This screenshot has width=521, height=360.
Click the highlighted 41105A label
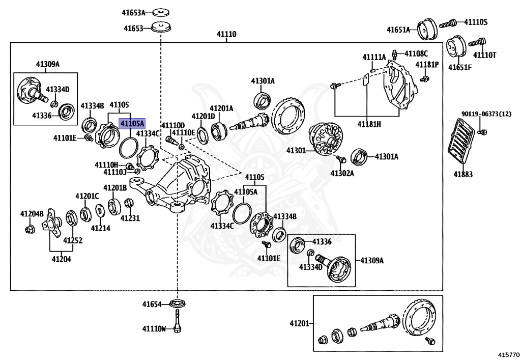(132, 123)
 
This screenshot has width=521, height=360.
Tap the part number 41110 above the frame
(227, 35)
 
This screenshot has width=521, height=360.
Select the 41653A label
(133, 12)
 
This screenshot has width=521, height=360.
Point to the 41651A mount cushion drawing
(428, 29)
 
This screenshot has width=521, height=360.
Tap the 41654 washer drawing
(178, 304)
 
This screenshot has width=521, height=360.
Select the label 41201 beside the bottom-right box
(300, 323)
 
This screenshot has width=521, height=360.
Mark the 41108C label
(416, 53)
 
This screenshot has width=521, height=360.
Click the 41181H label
(369, 123)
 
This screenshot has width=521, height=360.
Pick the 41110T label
(484, 55)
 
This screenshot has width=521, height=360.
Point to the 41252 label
(72, 240)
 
